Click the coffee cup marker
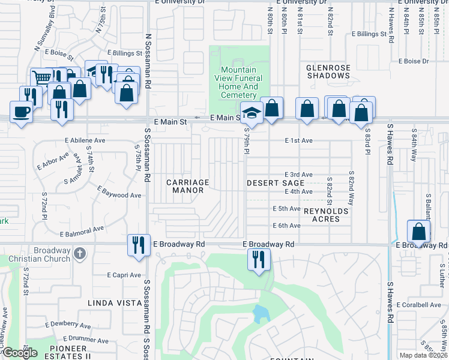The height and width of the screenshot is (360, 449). click(x=22, y=112)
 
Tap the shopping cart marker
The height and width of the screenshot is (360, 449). click(x=41, y=78)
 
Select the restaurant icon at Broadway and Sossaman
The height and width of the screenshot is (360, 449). click(x=138, y=245)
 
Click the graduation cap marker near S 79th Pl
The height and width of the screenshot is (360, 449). click(x=252, y=112)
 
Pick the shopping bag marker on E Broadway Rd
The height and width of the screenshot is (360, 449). click(x=418, y=232)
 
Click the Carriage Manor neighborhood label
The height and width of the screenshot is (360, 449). click(x=187, y=186)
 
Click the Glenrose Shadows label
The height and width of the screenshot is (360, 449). click(x=328, y=71)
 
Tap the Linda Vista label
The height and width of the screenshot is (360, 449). click(x=115, y=303)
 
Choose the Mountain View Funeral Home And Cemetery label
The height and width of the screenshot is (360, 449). click(x=239, y=82)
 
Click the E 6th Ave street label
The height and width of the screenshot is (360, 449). click(x=286, y=226)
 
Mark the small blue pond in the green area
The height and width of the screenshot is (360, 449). click(x=259, y=314)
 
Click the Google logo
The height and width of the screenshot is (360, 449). click(x=20, y=353)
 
